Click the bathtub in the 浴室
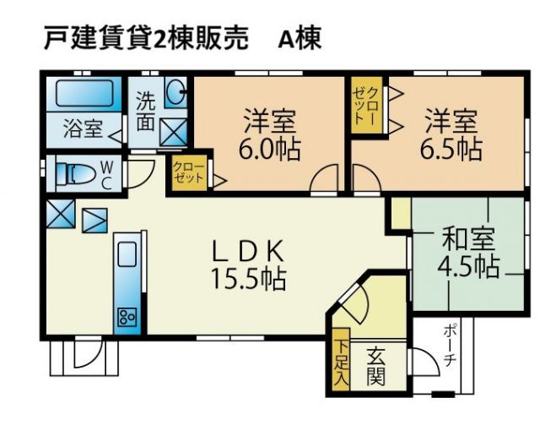point(84,94)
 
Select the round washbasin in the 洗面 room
point(175,91)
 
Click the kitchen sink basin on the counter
point(127,253)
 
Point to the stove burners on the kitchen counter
point(127,318)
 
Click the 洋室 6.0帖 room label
point(270,134)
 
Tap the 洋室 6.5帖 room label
point(451,134)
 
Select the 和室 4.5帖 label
point(468,253)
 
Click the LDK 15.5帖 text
point(248,265)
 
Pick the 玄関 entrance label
point(375,366)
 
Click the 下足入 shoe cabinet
point(341,359)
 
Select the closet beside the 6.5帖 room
point(366,105)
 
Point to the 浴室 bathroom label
point(83,128)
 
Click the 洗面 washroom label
point(145,111)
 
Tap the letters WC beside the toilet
point(107,176)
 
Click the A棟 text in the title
point(300,38)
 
